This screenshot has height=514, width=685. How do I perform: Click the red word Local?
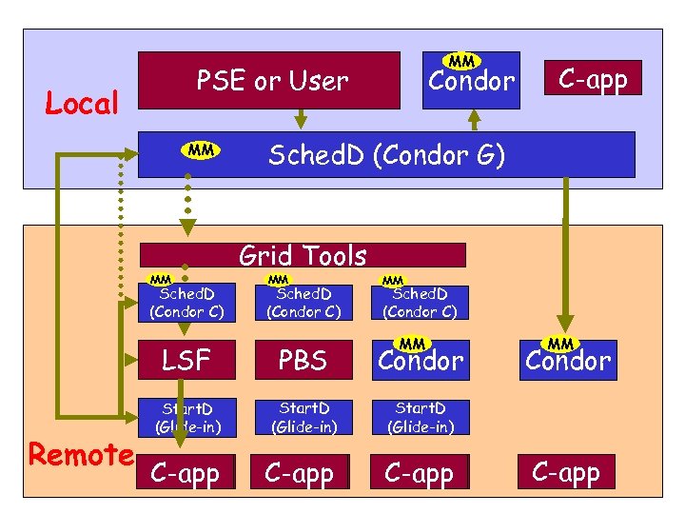point(83,103)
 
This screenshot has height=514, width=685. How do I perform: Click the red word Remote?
point(81,455)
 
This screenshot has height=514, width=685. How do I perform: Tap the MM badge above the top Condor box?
point(462,61)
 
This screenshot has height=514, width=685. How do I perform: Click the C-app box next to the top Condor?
point(593,79)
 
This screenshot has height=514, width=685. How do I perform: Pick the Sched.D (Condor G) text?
point(386,154)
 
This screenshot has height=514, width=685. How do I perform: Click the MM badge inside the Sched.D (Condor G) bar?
point(201,149)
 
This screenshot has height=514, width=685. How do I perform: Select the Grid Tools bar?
point(303,255)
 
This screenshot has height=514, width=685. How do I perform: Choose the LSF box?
point(186,361)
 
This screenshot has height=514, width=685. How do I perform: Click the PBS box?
point(303,361)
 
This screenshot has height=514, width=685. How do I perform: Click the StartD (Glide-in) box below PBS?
point(303,418)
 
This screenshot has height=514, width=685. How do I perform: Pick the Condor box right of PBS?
point(420,361)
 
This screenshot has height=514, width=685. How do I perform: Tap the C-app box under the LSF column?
point(186,473)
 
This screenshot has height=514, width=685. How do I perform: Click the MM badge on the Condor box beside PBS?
point(412,343)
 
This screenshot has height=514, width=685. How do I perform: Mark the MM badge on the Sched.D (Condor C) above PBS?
point(278,280)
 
